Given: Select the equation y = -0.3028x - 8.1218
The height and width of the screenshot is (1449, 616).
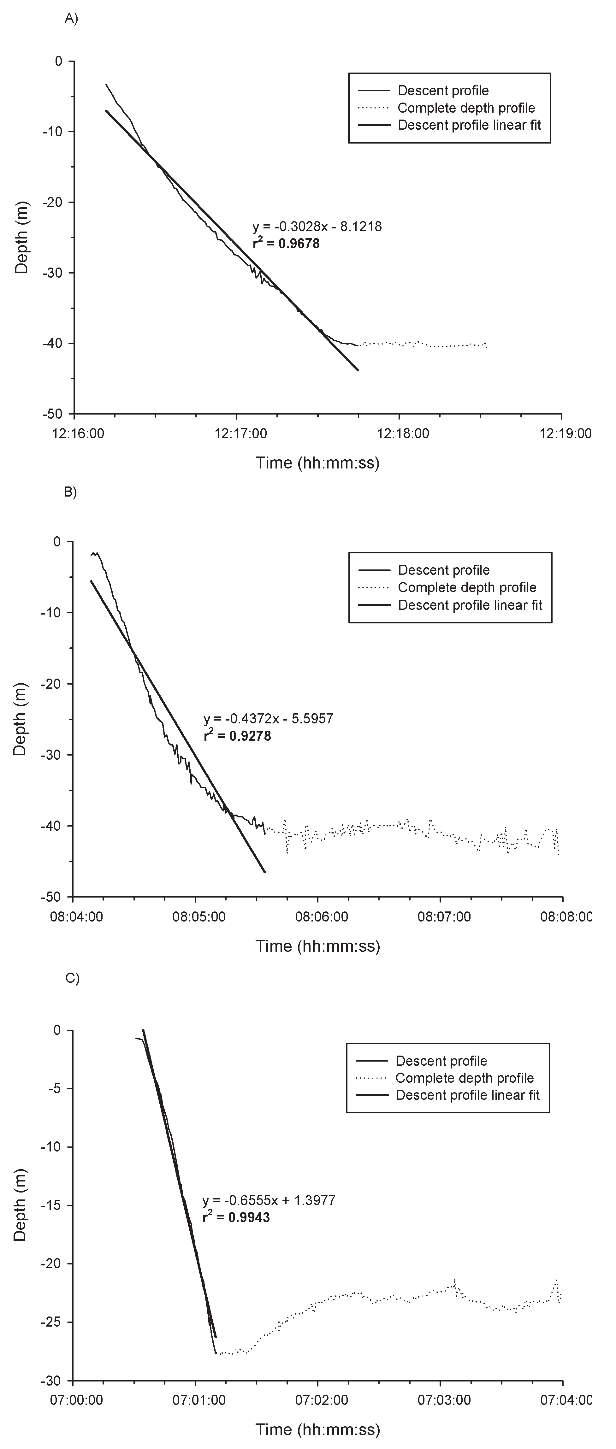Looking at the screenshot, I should (x=317, y=227).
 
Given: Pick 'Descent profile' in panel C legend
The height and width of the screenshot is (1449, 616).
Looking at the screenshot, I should (x=441, y=1061).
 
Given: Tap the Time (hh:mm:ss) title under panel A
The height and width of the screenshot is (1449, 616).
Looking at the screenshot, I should (x=317, y=463).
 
